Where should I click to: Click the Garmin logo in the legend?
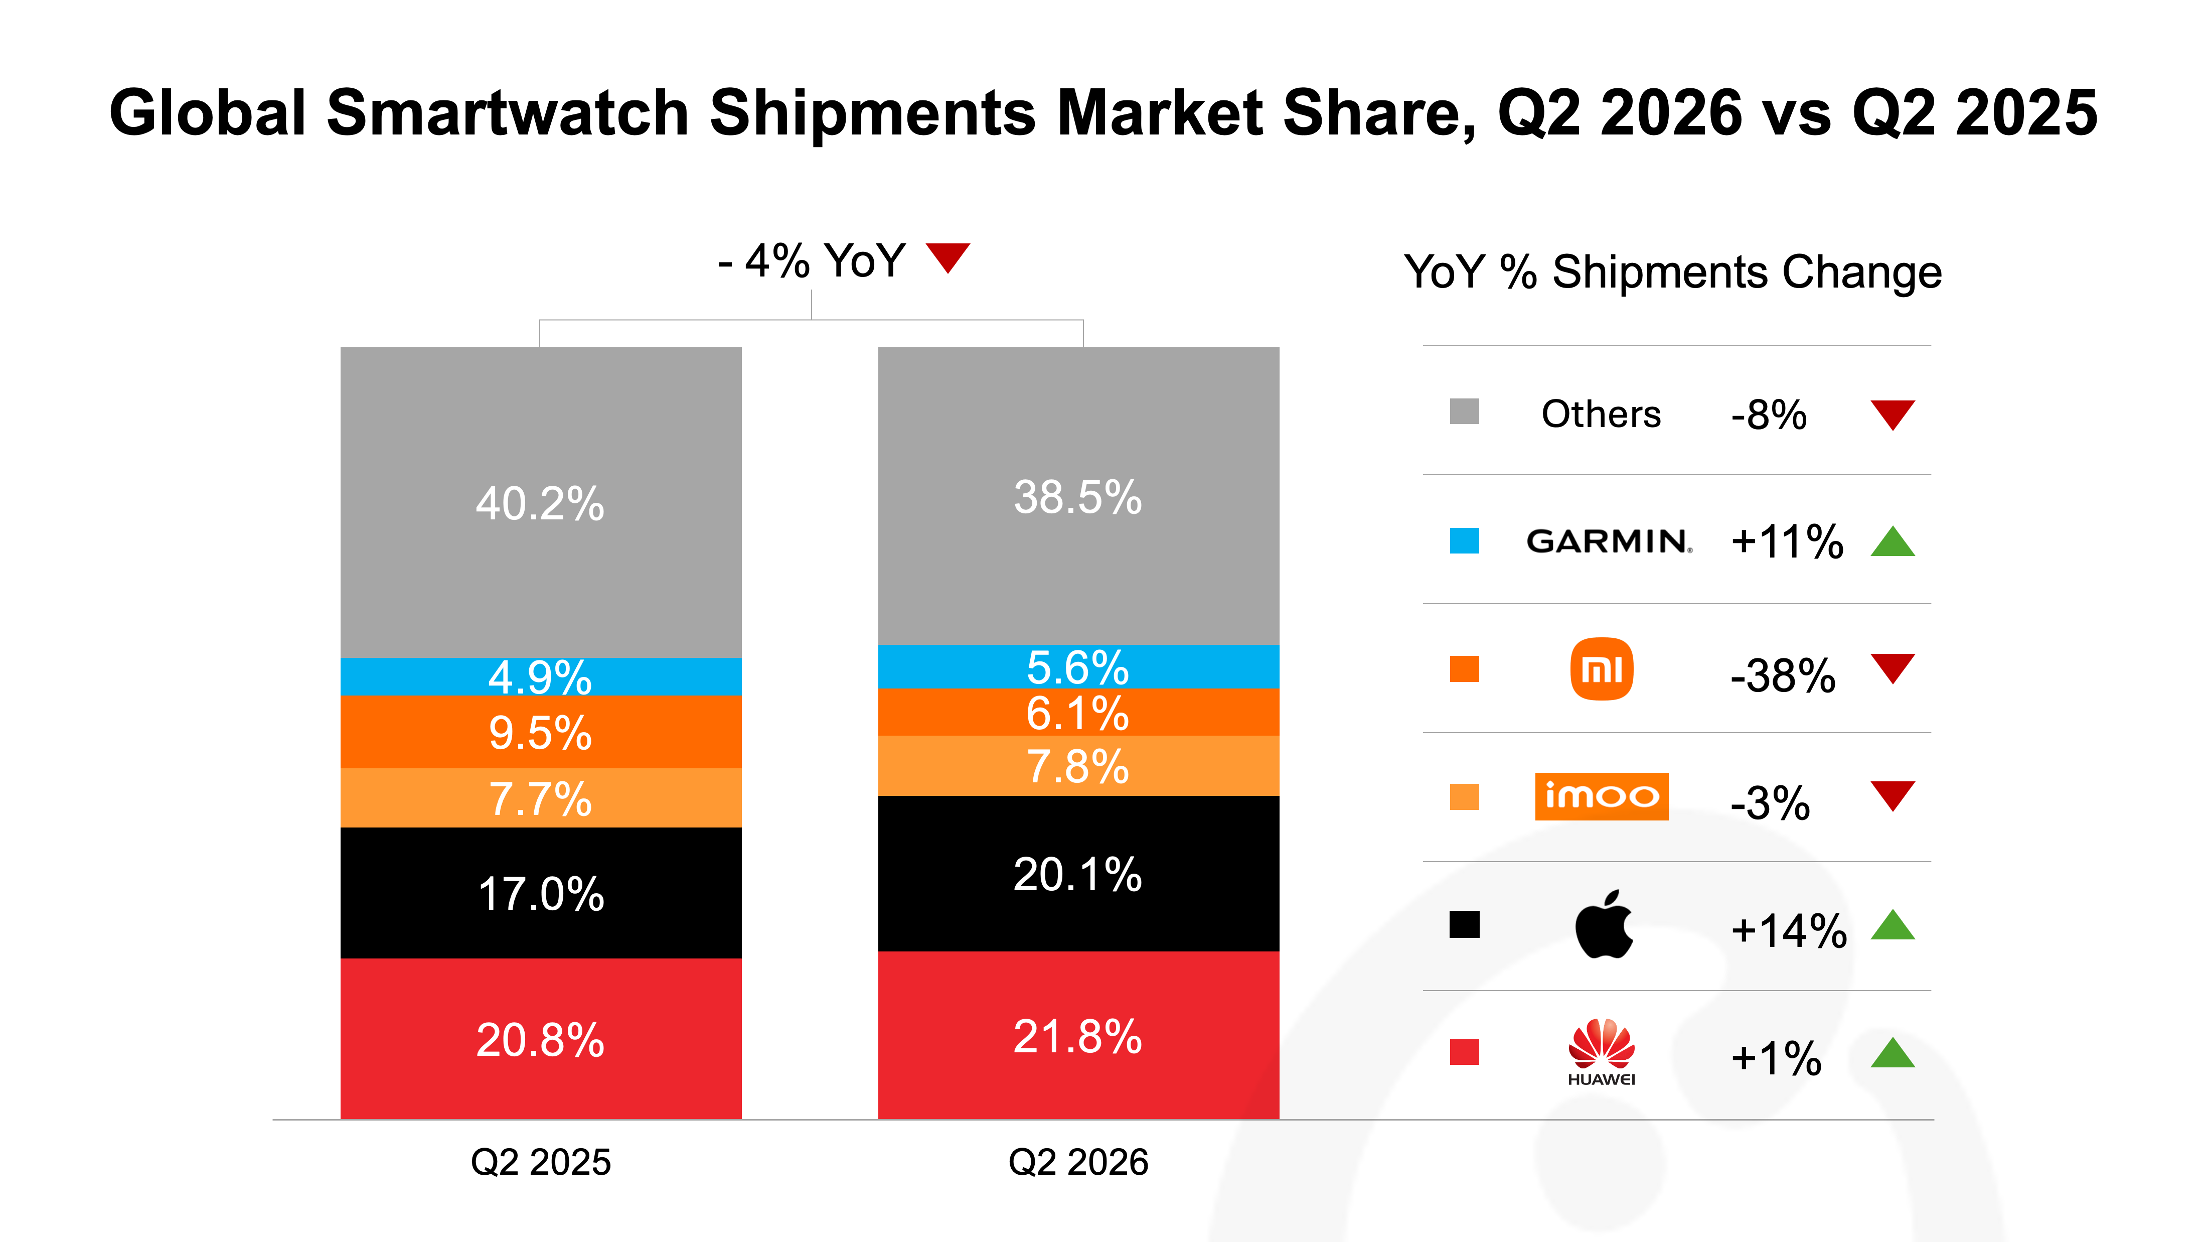(1609, 541)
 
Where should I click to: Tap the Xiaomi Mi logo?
(1601, 668)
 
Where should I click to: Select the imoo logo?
(1601, 796)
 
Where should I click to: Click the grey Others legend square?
(1464, 411)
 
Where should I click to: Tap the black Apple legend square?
(1464, 924)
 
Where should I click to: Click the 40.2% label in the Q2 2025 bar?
(541, 503)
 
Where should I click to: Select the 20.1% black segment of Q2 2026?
(1078, 874)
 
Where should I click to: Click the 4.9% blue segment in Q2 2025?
(541, 676)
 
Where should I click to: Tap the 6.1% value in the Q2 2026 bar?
(1078, 713)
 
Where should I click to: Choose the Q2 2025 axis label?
(541, 1162)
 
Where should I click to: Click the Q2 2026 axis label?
(1078, 1162)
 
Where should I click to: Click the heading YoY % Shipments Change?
(1672, 272)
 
